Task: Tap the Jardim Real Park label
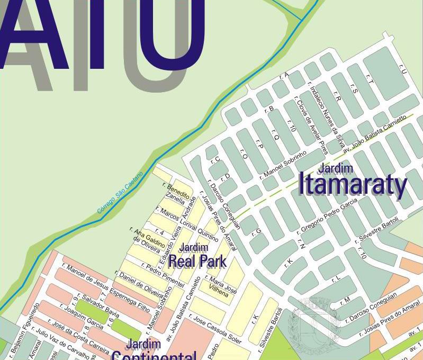coord(197,255)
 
